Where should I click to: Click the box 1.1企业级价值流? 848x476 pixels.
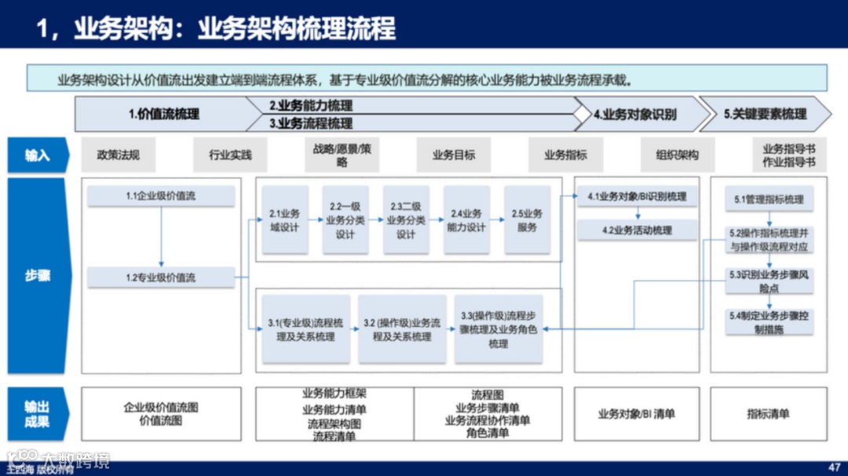click(161, 196)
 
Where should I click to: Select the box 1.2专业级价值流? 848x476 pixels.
click(161, 278)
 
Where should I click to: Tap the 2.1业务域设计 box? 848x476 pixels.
click(285, 220)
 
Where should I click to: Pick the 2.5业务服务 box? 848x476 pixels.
click(527, 220)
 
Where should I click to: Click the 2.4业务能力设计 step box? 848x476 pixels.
click(466, 220)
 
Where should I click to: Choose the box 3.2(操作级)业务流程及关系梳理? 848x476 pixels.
click(402, 329)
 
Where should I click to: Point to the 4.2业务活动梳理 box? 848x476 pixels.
click(637, 231)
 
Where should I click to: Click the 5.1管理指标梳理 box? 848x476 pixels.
click(769, 200)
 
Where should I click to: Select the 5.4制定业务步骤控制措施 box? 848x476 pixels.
click(769, 322)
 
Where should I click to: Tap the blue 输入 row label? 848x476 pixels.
click(38, 155)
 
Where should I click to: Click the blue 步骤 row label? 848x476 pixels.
click(38, 276)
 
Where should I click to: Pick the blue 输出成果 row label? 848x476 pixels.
click(38, 413)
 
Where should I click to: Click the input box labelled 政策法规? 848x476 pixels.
click(119, 155)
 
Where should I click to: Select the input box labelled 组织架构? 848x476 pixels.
click(678, 155)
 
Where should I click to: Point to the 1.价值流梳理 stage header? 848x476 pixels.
click(164, 114)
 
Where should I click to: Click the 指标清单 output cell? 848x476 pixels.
click(768, 413)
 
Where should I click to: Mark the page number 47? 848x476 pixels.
click(834, 464)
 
